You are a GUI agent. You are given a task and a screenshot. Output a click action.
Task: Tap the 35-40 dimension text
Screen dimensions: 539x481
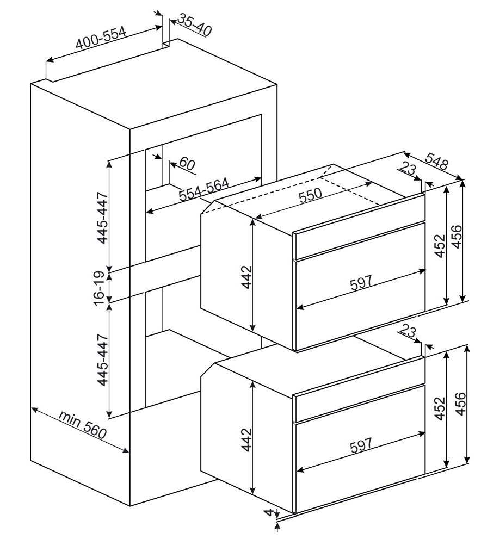pyautogui.click(x=193, y=26)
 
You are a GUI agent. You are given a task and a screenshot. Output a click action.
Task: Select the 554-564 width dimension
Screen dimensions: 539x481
pyautogui.click(x=203, y=190)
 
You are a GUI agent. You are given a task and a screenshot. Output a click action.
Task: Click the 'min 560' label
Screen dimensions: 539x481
pyautogui.click(x=82, y=426)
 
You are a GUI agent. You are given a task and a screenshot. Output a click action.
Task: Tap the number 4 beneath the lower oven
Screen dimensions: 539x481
pyautogui.click(x=268, y=512)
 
